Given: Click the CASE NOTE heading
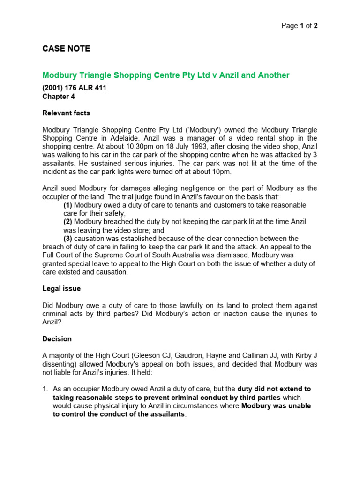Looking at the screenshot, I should (x=66, y=49).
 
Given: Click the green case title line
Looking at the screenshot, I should (x=166, y=75).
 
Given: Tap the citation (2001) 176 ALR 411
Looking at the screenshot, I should (x=74, y=88).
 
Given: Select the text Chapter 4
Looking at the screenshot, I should (x=59, y=97).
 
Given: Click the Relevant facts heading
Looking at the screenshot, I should (x=66, y=113).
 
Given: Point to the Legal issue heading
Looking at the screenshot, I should (x=61, y=288).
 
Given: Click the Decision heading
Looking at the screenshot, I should (x=57, y=338).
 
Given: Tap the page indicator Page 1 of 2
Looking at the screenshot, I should (x=299, y=26).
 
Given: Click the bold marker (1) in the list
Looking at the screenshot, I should (x=68, y=205).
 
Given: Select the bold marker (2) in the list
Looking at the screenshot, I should (x=68, y=222).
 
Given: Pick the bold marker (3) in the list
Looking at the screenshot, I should (x=68, y=239).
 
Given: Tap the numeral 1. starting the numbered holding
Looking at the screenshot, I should (x=45, y=389).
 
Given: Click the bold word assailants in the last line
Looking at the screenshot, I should (x=166, y=414).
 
